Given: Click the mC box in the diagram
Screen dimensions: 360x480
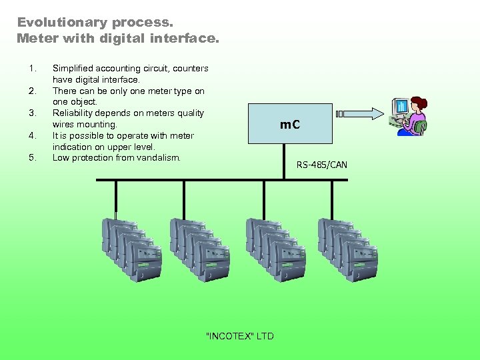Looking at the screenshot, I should (x=289, y=124).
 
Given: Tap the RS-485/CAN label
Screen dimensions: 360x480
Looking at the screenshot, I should (x=322, y=165).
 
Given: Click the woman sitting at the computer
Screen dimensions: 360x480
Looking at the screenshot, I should (x=415, y=117).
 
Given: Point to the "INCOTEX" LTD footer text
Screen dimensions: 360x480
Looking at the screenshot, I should (x=240, y=336).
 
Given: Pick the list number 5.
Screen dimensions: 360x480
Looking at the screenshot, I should (x=31, y=158).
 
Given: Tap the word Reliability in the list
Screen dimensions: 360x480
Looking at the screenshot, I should (x=75, y=113).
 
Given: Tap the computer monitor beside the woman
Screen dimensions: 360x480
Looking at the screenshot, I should (x=401, y=107).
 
